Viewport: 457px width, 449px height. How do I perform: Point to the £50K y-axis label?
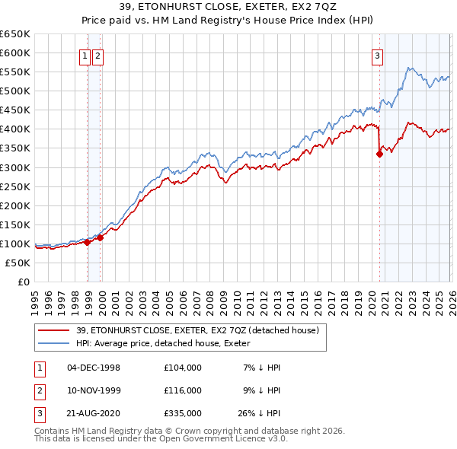tap(18, 263)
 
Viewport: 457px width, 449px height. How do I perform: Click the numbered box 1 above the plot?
tap(86, 55)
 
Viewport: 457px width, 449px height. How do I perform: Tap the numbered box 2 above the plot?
tap(99, 55)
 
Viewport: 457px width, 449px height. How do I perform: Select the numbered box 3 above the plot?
tap(377, 55)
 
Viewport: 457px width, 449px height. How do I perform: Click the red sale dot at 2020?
tap(379, 154)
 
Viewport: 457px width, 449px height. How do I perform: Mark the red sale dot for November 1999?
tap(101, 237)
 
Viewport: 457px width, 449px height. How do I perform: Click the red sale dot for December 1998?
tap(88, 242)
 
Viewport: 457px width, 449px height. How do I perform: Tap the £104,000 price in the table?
tap(183, 368)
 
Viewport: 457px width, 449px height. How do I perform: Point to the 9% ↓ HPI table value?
tap(262, 390)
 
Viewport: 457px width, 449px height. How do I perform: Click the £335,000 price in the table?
tap(183, 413)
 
